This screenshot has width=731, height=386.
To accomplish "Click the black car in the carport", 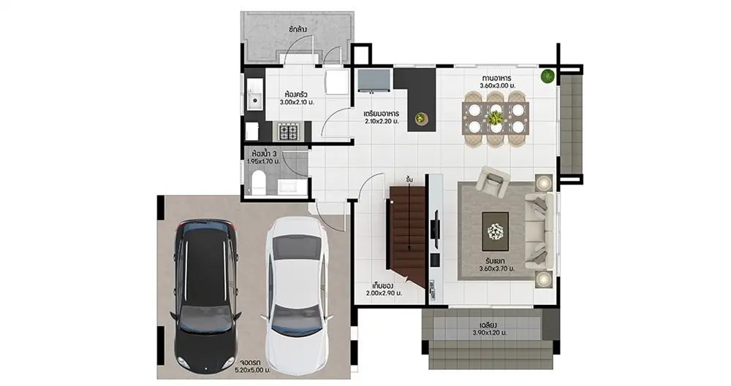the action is pyautogui.click(x=205, y=296).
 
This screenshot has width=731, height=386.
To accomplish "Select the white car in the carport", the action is pyautogui.click(x=296, y=296).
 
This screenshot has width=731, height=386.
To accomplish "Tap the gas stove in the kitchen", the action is pyautogui.click(x=289, y=131).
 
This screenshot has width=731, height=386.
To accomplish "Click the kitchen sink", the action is pyautogui.click(x=254, y=96).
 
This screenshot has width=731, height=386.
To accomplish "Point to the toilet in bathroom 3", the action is pyautogui.click(x=258, y=182).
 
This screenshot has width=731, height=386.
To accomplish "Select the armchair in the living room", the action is pyautogui.click(x=493, y=180).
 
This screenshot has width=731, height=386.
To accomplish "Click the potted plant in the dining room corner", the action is pyautogui.click(x=548, y=76).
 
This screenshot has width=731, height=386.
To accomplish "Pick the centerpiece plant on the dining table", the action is pyautogui.click(x=496, y=117).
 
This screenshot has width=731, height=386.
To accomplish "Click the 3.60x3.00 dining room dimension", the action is pyautogui.click(x=497, y=85).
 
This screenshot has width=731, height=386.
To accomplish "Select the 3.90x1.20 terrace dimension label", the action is pyautogui.click(x=490, y=333).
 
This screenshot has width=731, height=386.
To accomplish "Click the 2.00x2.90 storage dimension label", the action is pyautogui.click(x=384, y=293).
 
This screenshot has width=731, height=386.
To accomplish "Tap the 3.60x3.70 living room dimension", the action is pyautogui.click(x=497, y=269).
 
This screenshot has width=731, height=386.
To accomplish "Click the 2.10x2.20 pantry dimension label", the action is pyautogui.click(x=382, y=122).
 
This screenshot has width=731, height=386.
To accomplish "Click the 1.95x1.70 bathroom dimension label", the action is pyautogui.click(x=263, y=161).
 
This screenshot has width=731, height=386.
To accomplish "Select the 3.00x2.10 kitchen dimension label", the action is pyautogui.click(x=297, y=102).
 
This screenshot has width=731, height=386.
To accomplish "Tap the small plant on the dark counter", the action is pyautogui.click(x=421, y=118).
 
